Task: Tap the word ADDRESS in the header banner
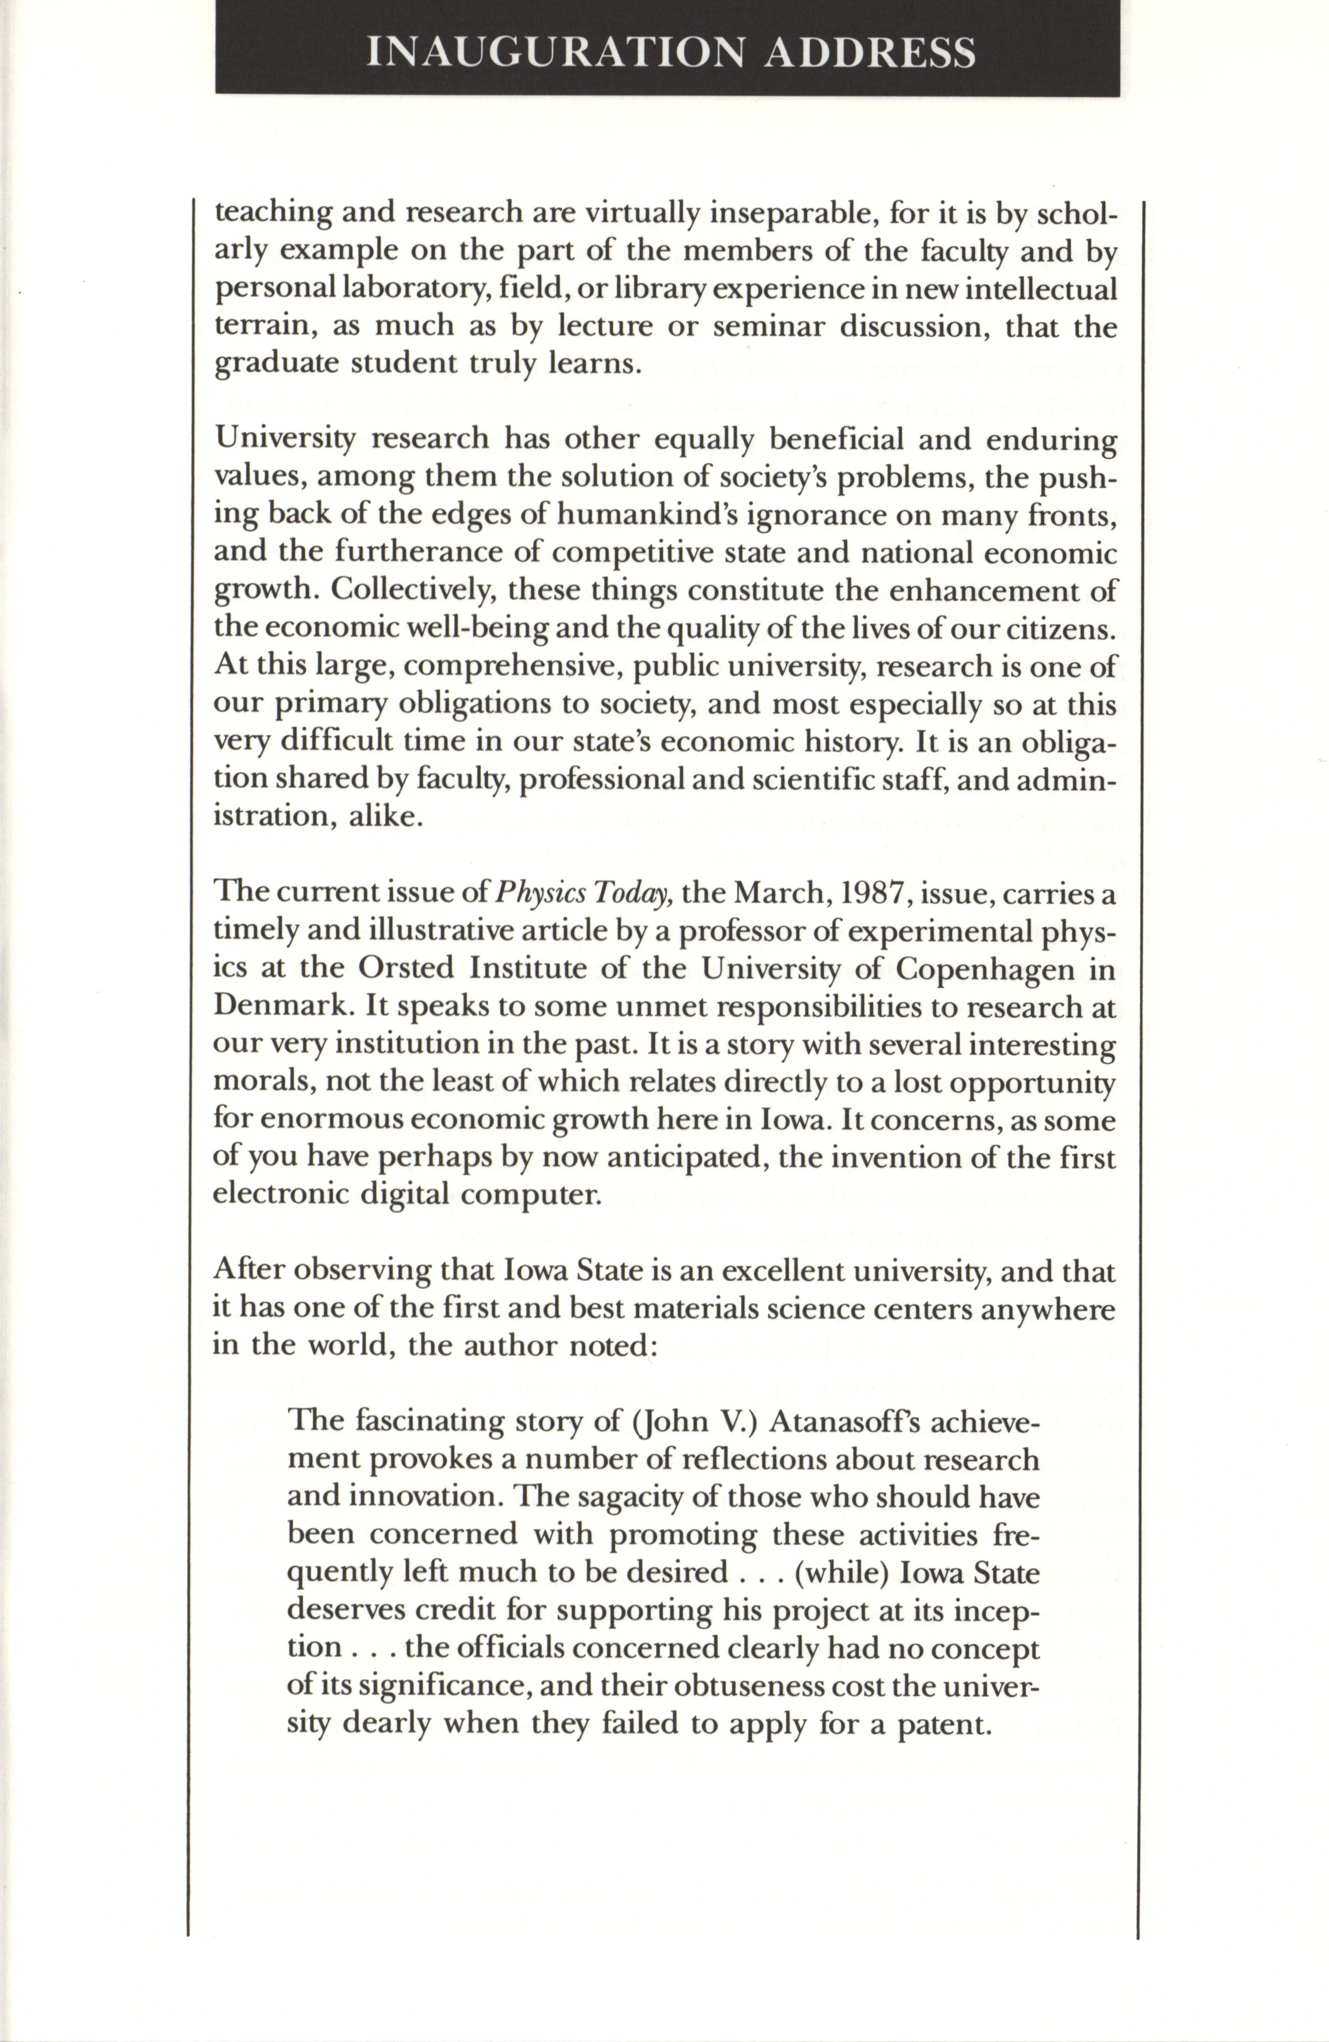pyautogui.click(x=868, y=53)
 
